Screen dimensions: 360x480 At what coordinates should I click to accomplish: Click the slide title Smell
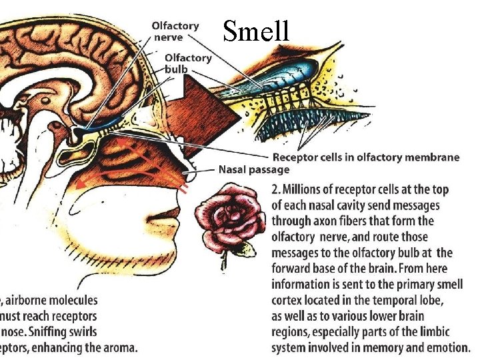click(256, 30)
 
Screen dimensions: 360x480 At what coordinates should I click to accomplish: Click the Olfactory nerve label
click(175, 31)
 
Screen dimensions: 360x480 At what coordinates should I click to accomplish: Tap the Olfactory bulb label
click(188, 63)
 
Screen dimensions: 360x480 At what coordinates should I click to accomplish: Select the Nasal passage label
click(254, 169)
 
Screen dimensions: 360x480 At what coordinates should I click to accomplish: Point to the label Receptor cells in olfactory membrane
click(365, 157)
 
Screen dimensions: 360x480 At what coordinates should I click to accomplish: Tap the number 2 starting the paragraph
click(276, 190)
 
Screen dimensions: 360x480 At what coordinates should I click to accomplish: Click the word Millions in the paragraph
click(306, 190)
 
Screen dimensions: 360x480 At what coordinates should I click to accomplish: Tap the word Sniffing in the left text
click(63, 332)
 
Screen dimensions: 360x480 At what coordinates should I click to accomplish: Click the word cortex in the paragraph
click(291, 300)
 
